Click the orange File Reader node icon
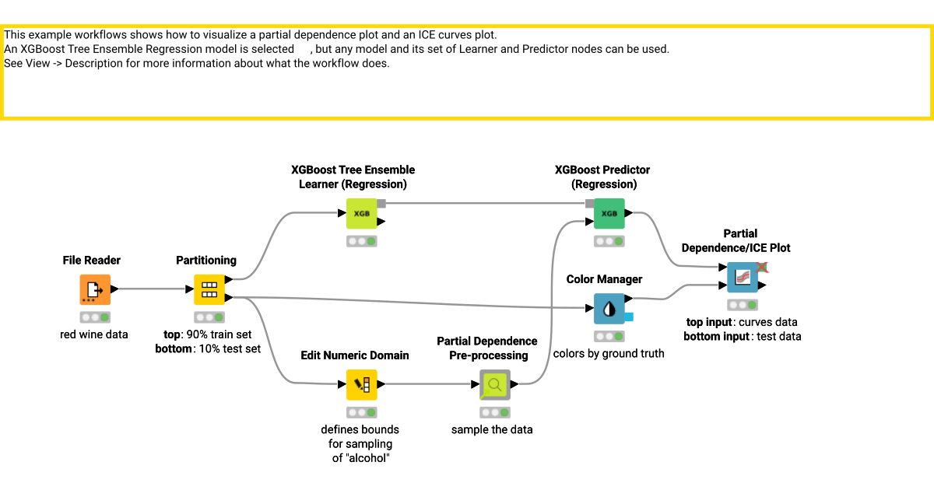[x=95, y=289]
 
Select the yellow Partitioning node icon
[x=209, y=289]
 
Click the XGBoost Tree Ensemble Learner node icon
[x=361, y=213]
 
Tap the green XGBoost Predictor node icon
[x=609, y=213]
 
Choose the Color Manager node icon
[x=609, y=308]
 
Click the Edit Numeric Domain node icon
[x=361, y=384]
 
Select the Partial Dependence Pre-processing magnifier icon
[x=494, y=384]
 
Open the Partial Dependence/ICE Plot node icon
[x=742, y=278]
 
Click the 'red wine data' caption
[x=95, y=334]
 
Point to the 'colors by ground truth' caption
[x=609, y=353]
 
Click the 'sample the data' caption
[x=492, y=429]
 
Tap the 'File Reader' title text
[x=92, y=260]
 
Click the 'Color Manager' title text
[x=604, y=278]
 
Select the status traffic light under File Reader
[x=95, y=317]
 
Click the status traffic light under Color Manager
[x=609, y=336]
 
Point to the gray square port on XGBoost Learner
[x=381, y=204]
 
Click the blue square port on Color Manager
[x=628, y=317]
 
